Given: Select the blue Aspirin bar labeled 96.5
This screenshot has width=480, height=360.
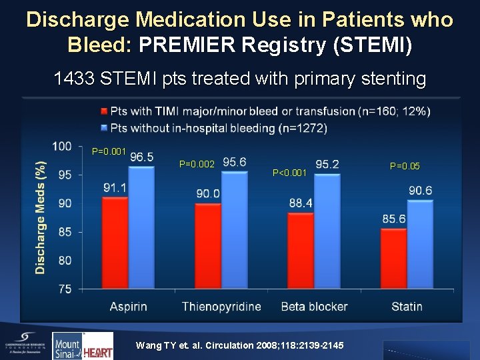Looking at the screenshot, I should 141,227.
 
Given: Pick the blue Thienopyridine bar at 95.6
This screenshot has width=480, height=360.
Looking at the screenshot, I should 234,231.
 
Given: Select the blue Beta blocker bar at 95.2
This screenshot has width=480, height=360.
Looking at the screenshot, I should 327,231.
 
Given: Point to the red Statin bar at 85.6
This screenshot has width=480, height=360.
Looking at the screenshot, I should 393,259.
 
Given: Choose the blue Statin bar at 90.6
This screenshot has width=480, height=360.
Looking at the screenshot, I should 419,245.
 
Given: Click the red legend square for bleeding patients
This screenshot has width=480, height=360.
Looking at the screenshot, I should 104,111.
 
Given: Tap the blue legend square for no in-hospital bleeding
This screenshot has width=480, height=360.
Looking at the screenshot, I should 104,127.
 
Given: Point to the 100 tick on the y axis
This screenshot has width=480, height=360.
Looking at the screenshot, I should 62,146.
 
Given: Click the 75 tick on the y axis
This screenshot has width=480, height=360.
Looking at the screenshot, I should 65,289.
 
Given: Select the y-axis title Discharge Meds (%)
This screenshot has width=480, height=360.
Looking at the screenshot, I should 41,217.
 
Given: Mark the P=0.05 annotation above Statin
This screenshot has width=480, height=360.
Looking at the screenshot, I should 405,166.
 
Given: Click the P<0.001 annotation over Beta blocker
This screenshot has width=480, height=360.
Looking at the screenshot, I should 290,173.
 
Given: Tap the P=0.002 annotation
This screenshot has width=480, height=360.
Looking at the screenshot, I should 197,163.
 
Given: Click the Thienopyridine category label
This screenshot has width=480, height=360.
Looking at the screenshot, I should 221,307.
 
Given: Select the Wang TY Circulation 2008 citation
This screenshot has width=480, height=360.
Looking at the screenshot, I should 239,345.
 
